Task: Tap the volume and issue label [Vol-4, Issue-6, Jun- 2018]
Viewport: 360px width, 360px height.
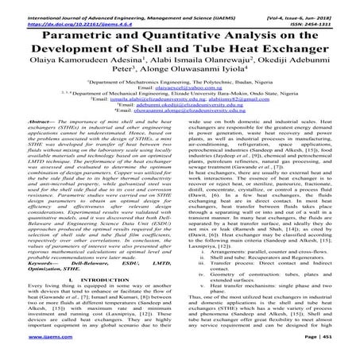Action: click(x=308, y=6)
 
